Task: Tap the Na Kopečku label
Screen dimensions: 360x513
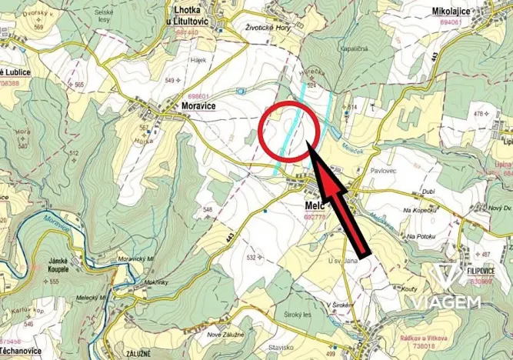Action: point(421,208)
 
